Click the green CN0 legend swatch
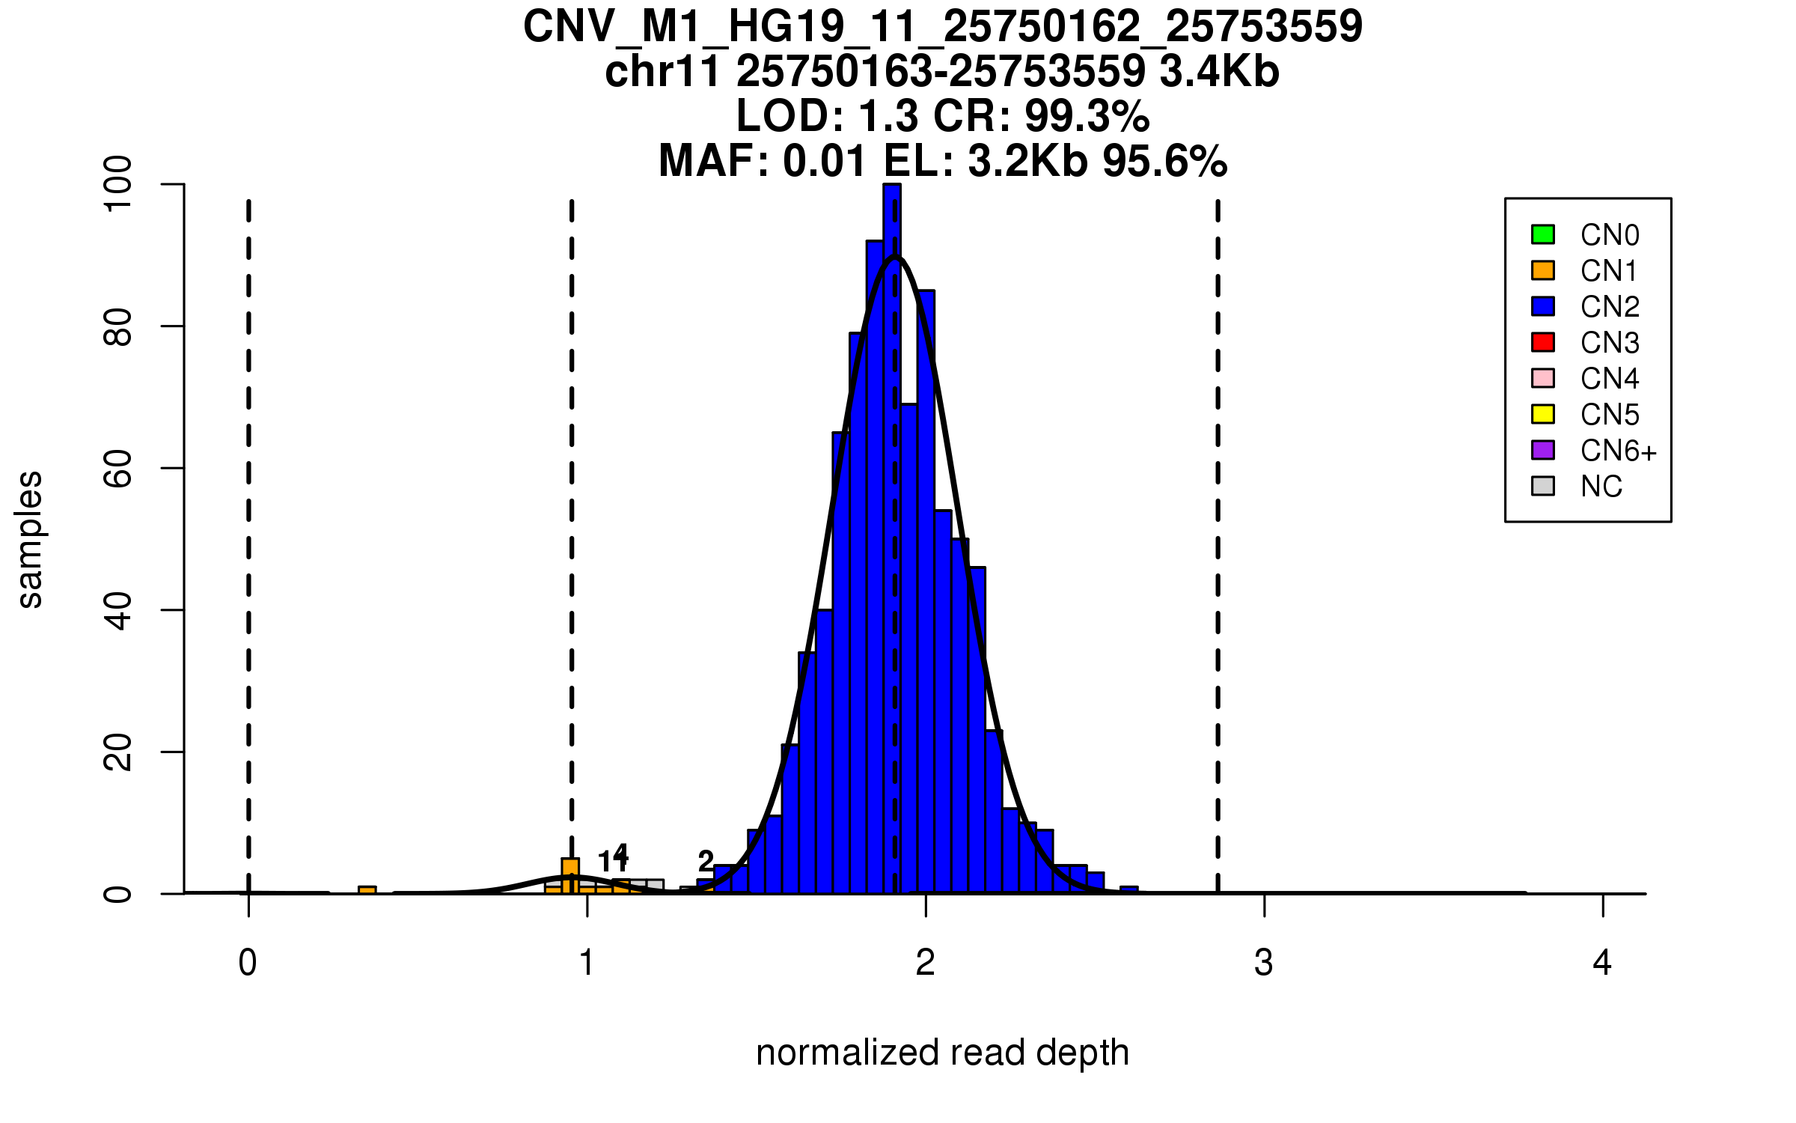click(x=1543, y=234)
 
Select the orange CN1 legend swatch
click(x=1543, y=270)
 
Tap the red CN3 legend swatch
click(x=1543, y=342)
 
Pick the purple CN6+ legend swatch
click(x=1543, y=450)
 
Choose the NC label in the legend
click(x=1601, y=487)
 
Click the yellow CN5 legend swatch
click(x=1543, y=414)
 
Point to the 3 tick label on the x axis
click(x=1264, y=963)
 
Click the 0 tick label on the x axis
click(x=248, y=963)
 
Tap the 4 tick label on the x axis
click(x=1602, y=963)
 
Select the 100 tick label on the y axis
click(x=118, y=184)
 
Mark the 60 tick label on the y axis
click(x=118, y=469)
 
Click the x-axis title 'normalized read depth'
click(x=942, y=1053)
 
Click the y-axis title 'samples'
click(x=30, y=539)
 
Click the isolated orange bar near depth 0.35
click(x=367, y=890)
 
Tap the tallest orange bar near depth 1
click(x=570, y=876)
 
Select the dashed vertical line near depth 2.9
click(x=1218, y=524)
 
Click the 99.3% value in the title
click(x=1087, y=116)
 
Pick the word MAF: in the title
click(x=714, y=161)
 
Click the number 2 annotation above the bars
click(x=705, y=861)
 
